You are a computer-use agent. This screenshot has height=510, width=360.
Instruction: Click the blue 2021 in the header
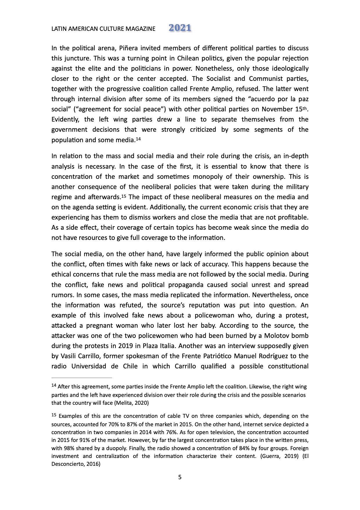coord(180,28)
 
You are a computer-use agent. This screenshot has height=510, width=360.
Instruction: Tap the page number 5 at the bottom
coord(180,477)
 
